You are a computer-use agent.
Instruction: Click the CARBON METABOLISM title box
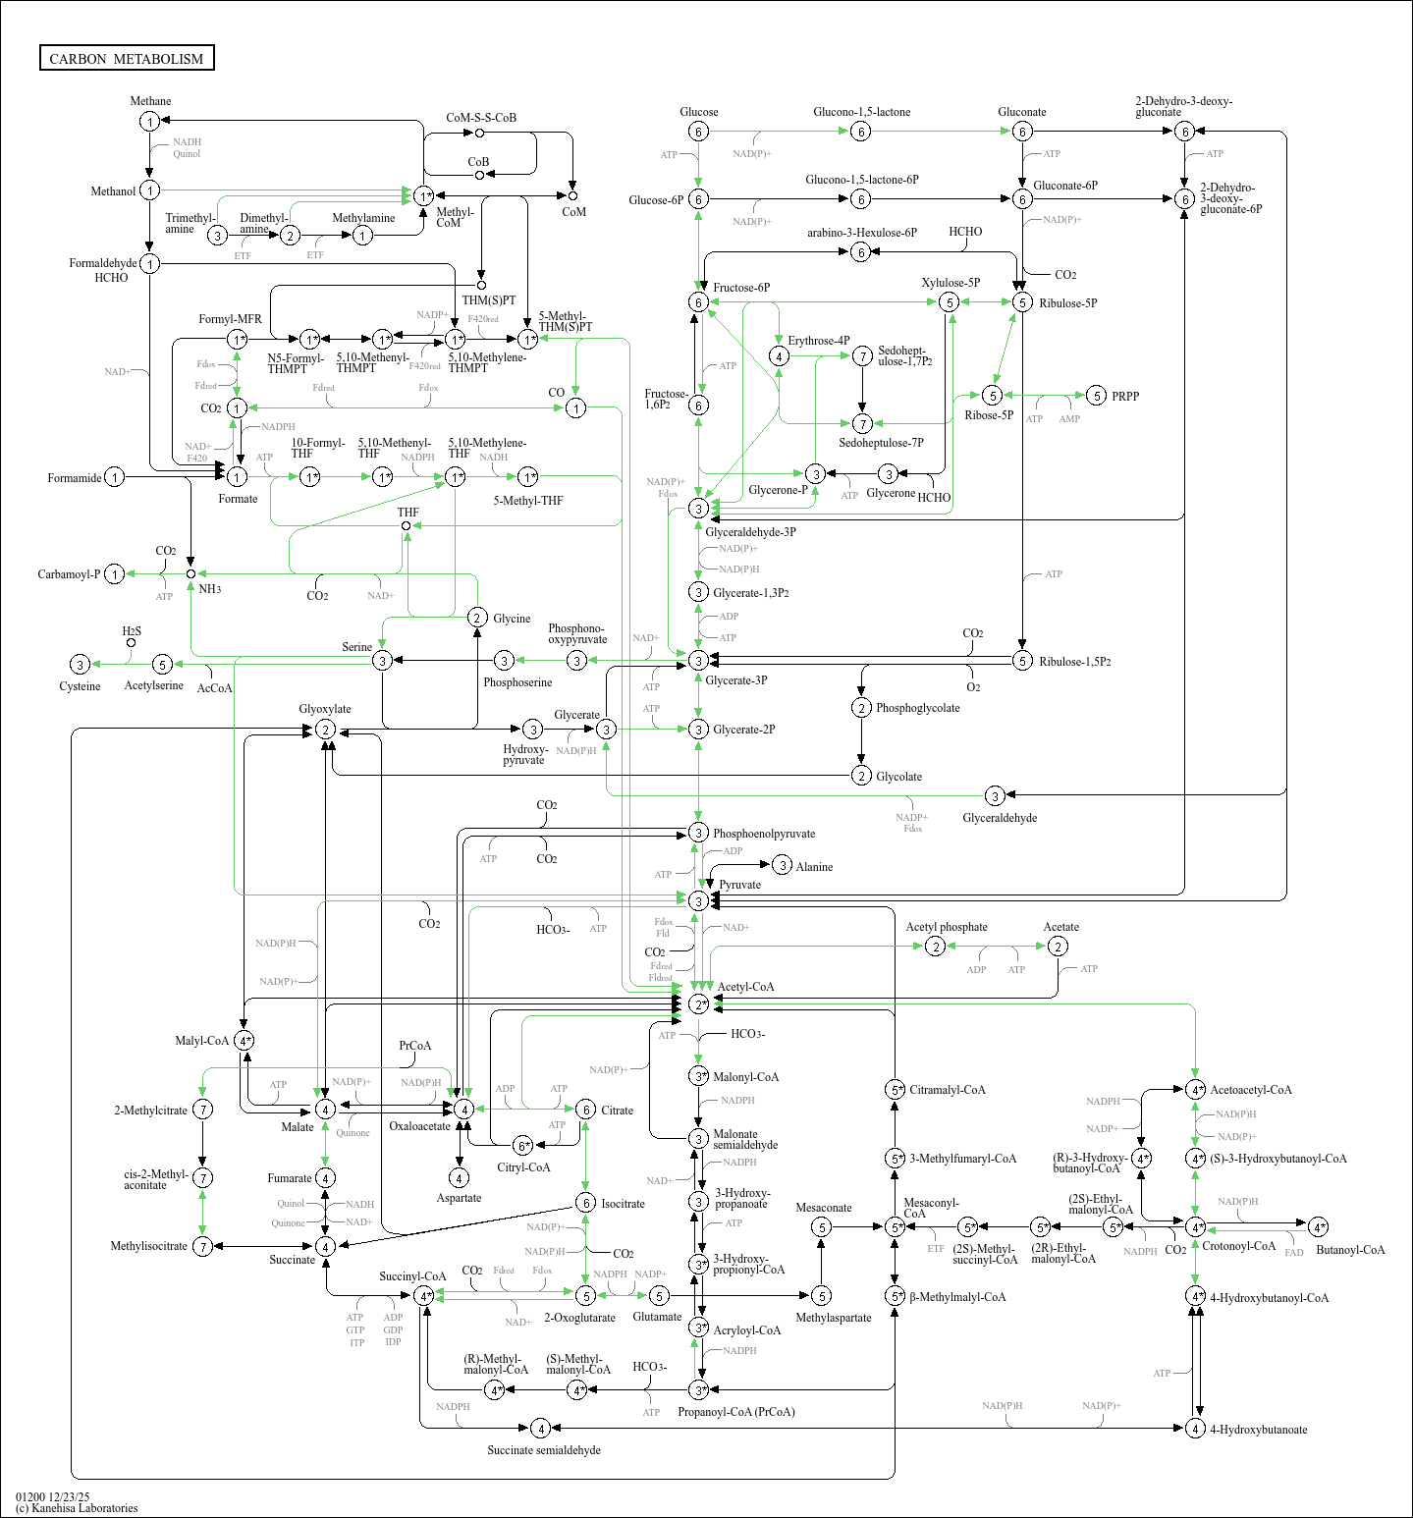click(x=127, y=58)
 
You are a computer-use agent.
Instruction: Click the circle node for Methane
click(x=149, y=122)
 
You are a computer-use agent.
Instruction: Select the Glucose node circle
click(x=698, y=132)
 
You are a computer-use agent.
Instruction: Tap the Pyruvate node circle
click(x=698, y=900)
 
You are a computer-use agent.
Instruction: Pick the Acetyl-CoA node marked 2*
click(x=698, y=1003)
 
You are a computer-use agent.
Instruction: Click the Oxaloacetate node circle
click(x=463, y=1109)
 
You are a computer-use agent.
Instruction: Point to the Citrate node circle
click(x=585, y=1110)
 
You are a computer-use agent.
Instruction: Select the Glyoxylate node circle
click(x=325, y=730)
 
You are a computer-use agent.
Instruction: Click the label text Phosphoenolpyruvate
click(x=764, y=834)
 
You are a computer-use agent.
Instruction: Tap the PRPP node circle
click(x=1097, y=396)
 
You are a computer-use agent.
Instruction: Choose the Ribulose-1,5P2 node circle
click(x=1022, y=661)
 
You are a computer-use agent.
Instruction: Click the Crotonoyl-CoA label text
click(x=1239, y=1246)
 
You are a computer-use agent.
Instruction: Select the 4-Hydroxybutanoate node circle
click(x=1195, y=1428)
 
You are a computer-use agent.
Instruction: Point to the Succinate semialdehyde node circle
click(x=539, y=1428)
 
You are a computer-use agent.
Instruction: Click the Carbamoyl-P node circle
click(x=115, y=573)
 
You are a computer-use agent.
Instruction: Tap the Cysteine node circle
click(x=81, y=665)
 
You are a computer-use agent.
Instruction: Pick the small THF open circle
click(x=406, y=525)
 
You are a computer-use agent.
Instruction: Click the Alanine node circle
click(x=782, y=865)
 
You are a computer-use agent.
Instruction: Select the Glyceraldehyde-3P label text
click(x=750, y=532)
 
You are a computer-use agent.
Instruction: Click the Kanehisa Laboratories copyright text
click(x=77, y=1508)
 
